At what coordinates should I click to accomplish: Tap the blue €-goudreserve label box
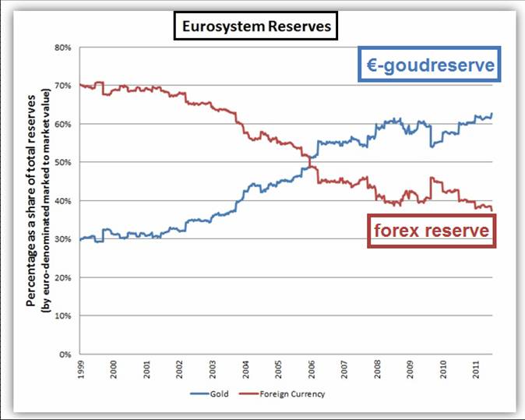427,65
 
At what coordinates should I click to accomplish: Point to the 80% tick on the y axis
63,48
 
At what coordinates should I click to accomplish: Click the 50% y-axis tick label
63,162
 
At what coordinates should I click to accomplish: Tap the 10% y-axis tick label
63,316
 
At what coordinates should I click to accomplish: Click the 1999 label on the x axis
81,369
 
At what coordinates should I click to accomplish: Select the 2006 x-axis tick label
312,369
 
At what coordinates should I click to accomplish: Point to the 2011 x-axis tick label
476,369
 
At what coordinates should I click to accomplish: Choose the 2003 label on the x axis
213,369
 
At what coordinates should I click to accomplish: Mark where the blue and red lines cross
310,161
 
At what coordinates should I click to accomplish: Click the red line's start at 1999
80,85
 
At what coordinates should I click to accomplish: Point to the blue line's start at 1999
80,239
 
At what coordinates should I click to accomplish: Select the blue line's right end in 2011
492,114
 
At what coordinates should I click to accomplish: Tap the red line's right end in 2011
492,209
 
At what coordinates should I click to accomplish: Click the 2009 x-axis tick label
410,369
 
